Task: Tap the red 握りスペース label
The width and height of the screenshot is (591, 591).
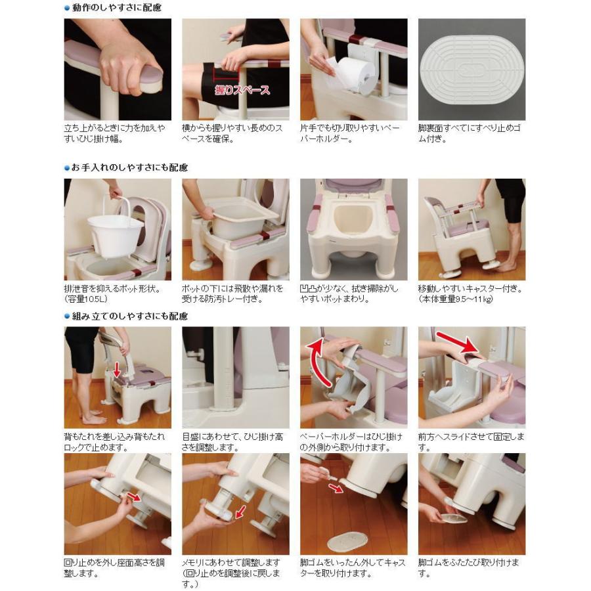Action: coord(242,90)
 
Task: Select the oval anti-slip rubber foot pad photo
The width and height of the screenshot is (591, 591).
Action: coord(471,69)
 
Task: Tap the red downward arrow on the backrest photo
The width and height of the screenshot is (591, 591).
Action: coord(117,372)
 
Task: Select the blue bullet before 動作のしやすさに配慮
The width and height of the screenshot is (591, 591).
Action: coord(67,8)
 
